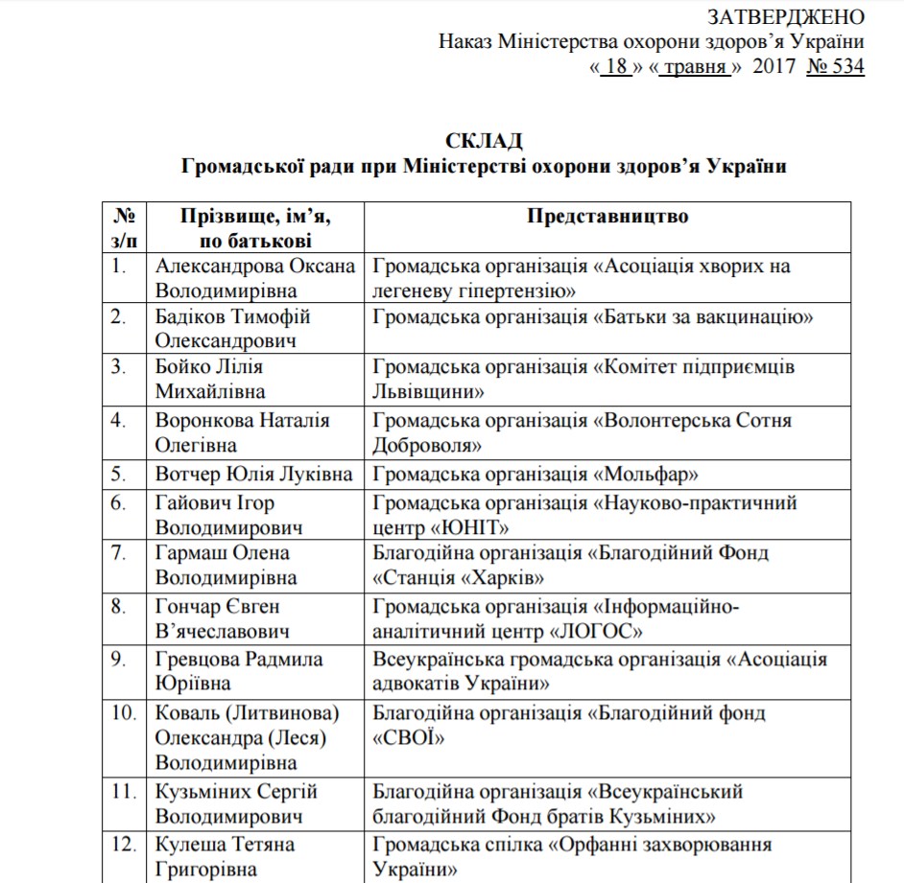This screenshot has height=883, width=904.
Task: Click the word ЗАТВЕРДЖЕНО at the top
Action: pos(785,17)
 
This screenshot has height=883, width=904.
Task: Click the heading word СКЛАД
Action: pos(484,141)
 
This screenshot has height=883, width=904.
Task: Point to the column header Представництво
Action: pos(607,216)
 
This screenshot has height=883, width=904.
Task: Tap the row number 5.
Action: pos(118,474)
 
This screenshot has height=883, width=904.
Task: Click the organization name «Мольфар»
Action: pos(647,474)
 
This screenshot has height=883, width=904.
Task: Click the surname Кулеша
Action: pos(190,845)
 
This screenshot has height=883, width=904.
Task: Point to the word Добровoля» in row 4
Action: pos(427,445)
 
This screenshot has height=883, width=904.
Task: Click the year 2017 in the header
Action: pos(775,67)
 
